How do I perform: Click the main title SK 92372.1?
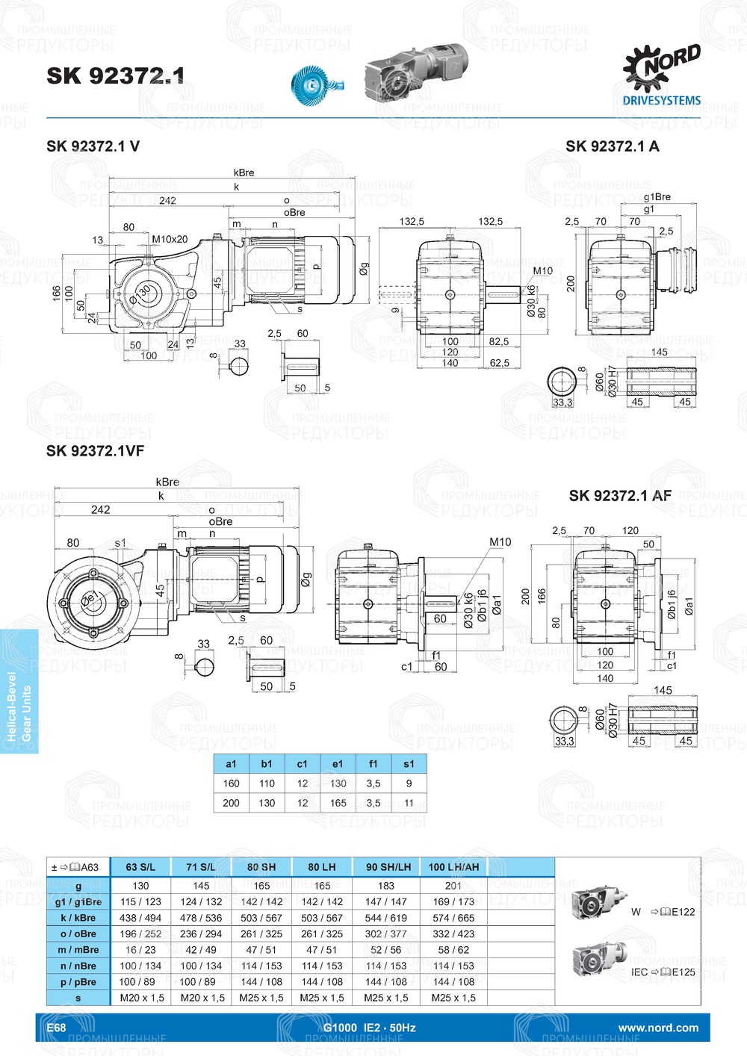[115, 75]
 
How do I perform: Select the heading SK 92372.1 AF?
[620, 496]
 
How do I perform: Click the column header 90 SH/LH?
[388, 867]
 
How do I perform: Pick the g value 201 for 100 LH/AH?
[453, 886]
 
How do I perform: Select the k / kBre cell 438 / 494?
[140, 918]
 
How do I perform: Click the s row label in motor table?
[78, 998]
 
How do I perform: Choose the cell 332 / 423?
[453, 934]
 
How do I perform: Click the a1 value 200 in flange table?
[231, 803]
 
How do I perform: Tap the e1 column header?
[338, 764]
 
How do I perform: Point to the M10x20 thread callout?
[170, 240]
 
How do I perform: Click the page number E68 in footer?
[57, 1028]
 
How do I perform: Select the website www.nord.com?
[658, 1028]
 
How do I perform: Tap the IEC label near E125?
[639, 972]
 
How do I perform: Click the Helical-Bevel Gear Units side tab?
[19, 692]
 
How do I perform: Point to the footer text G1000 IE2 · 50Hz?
[369, 1028]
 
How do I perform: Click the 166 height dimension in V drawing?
[57, 293]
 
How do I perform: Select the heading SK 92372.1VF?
[95, 451]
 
